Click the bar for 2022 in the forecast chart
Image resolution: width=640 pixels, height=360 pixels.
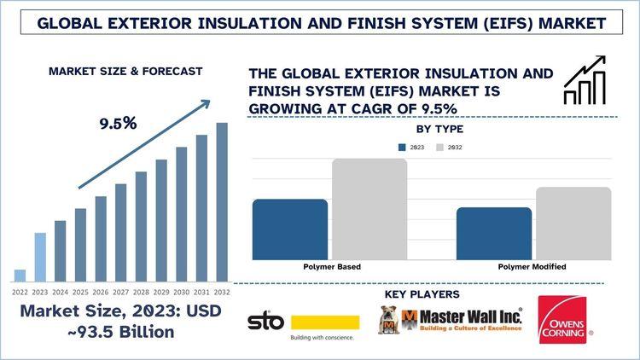pos(20,276)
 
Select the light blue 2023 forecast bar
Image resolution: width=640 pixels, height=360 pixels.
pos(40,257)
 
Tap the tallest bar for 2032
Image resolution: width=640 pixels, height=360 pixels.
pos(222,202)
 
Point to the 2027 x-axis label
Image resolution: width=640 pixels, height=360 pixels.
pos(120,292)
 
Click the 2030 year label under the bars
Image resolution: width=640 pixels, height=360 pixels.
pos(181,292)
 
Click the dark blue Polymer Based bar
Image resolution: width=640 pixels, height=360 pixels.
pos(290,229)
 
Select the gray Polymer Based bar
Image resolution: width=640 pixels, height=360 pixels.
pos(369,209)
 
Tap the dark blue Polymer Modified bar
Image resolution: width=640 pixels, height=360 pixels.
pos(494,234)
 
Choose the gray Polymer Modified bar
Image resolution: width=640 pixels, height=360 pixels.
pos(573,224)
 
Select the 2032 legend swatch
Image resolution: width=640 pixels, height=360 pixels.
pos(440,147)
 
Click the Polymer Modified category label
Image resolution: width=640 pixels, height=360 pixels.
pos(533,267)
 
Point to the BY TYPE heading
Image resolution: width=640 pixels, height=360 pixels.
pos(439,130)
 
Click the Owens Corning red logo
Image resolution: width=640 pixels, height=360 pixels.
pos(562,320)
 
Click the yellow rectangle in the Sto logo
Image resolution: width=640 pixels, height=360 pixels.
pos(325,322)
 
